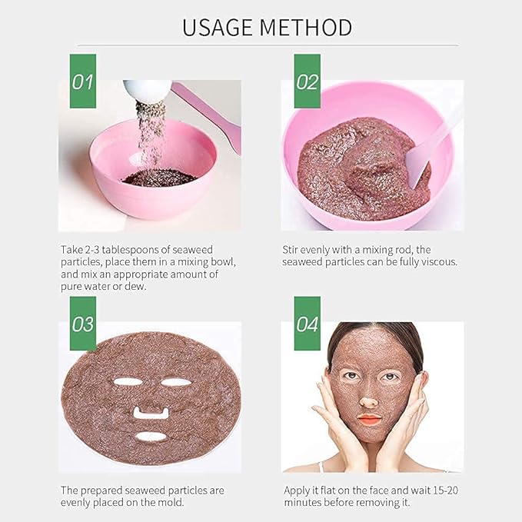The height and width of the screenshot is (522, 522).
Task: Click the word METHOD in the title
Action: (x=306, y=27)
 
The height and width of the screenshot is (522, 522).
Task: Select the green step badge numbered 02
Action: (x=307, y=81)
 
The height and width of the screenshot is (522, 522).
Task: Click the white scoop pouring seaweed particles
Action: (x=147, y=91)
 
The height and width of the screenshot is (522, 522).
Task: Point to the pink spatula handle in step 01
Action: (x=208, y=108)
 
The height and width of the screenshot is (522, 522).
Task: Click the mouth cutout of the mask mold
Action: (x=151, y=436)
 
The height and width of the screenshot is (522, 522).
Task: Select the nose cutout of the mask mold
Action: (x=151, y=413)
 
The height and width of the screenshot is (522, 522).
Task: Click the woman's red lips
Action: (x=368, y=420)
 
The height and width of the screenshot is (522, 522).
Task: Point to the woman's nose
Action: (x=368, y=399)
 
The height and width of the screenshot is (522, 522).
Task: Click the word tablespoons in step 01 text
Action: (x=144, y=250)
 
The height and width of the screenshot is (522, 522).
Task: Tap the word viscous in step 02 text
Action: (x=441, y=261)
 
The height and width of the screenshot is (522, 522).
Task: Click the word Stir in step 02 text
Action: (x=291, y=250)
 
